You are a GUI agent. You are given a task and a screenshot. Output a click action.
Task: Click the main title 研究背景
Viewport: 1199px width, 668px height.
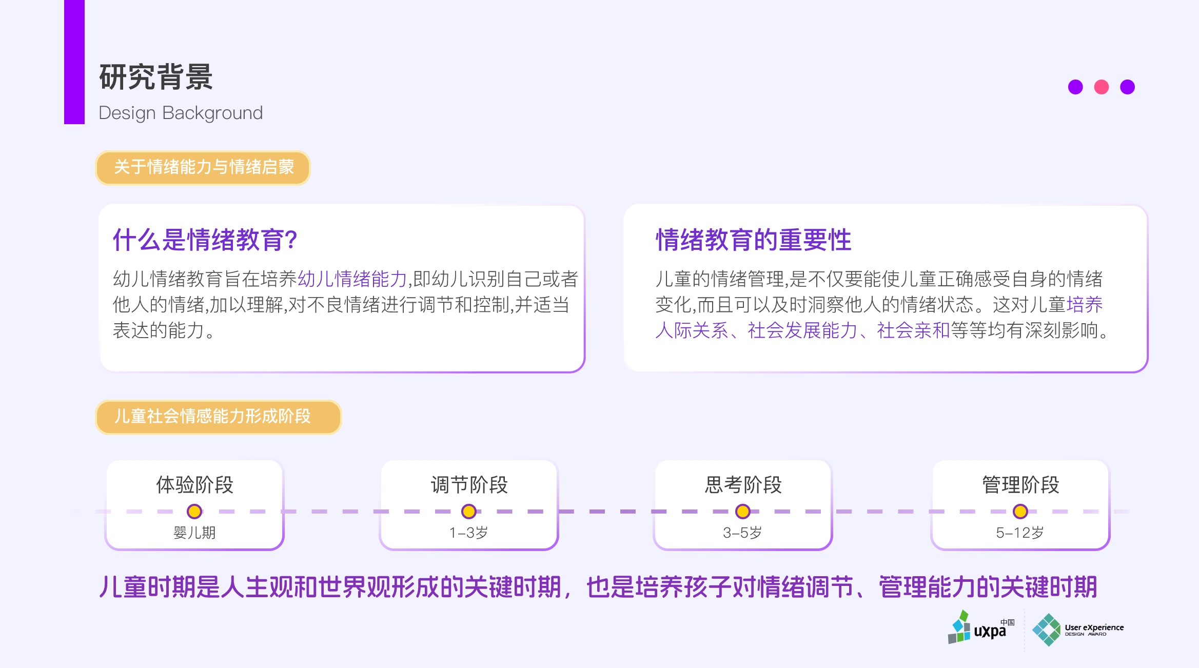[155, 77]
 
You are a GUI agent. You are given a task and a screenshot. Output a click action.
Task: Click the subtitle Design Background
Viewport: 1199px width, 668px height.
[180, 113]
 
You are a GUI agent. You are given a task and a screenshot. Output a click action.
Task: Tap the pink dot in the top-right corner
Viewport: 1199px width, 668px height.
[1101, 87]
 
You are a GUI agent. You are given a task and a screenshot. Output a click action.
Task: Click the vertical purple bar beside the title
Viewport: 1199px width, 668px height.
[74, 62]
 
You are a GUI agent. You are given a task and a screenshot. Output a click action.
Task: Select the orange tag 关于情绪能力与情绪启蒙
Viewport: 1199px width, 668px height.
[203, 167]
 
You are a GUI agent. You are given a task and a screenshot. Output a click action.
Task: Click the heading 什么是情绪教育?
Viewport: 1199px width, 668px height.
[205, 240]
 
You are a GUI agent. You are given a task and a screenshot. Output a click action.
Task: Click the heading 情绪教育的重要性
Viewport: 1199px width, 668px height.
[753, 240]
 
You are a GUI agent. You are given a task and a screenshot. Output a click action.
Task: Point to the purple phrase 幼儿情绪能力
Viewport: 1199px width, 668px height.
[352, 279]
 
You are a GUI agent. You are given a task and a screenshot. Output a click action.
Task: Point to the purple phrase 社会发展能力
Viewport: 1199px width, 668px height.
[802, 330]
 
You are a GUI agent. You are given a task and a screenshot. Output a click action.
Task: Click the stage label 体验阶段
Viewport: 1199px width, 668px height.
[194, 485]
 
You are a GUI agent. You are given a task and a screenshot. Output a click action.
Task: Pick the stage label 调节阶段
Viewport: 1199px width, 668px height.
[469, 485]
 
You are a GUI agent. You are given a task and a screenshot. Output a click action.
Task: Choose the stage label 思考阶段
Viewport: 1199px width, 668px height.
[743, 485]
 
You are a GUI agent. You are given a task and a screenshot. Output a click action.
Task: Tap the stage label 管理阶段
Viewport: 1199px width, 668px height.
[1020, 485]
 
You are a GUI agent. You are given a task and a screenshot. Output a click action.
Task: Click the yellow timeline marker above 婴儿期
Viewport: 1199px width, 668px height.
[194, 512]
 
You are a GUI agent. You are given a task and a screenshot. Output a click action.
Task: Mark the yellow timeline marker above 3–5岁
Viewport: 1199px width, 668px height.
[742, 512]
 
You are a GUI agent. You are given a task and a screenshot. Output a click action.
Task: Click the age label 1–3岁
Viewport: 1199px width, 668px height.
[468, 533]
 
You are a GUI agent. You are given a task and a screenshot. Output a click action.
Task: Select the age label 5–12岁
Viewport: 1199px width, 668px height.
[1019, 533]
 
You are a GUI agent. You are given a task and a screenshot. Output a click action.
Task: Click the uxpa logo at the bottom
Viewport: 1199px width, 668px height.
[980, 628]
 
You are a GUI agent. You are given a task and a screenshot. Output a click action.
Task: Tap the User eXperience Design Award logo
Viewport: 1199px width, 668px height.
[1077, 630]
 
